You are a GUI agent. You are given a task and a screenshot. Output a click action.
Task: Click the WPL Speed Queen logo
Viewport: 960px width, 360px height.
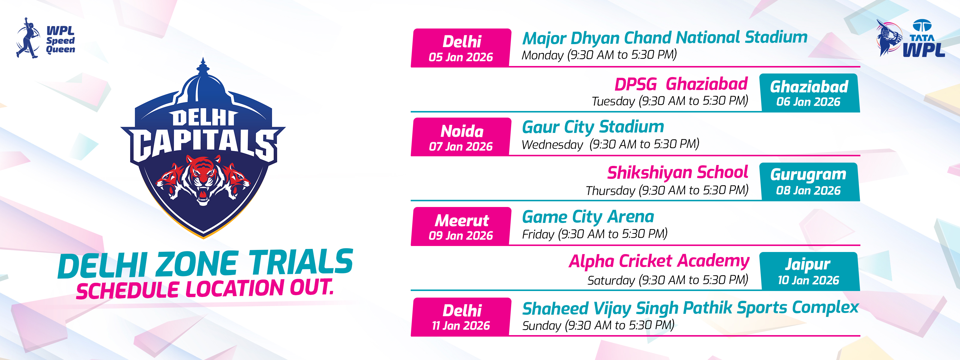tap(46, 38)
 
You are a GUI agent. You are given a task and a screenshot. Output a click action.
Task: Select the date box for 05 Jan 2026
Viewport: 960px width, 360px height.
tap(461, 48)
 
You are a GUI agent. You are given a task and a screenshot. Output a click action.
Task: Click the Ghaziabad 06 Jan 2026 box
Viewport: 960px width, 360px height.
tap(809, 93)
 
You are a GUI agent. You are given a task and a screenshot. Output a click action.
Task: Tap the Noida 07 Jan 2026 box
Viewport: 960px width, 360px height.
tap(461, 137)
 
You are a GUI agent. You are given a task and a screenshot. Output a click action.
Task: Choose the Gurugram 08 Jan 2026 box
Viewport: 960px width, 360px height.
tap(809, 182)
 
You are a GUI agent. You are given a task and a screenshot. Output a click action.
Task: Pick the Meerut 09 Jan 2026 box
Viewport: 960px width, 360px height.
tap(461, 226)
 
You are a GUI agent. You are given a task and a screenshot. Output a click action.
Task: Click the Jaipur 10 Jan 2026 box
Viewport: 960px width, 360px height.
tap(809, 271)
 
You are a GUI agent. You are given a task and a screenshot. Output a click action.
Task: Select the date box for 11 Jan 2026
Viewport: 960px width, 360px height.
tap(461, 317)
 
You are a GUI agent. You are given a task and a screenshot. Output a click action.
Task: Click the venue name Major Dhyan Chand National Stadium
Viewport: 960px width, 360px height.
tap(665, 37)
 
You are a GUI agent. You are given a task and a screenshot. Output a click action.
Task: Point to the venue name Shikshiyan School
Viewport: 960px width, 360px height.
tap(677, 172)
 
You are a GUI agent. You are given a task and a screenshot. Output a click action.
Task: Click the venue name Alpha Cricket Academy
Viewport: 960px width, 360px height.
tap(659, 262)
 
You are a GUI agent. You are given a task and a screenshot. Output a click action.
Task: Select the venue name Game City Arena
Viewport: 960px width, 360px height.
tap(588, 217)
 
